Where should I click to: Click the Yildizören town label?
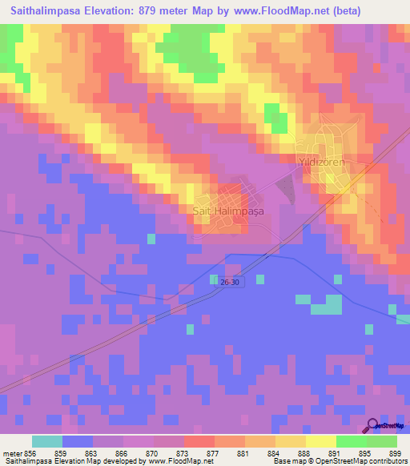click(x=320, y=161)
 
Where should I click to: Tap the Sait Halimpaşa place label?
click(x=228, y=211)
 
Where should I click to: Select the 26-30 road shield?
click(x=230, y=280)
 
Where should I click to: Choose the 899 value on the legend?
click(x=395, y=452)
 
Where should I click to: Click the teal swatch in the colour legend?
click(x=47, y=441)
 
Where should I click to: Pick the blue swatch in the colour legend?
click(x=78, y=441)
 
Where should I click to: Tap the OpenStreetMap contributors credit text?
click(x=363, y=461)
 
